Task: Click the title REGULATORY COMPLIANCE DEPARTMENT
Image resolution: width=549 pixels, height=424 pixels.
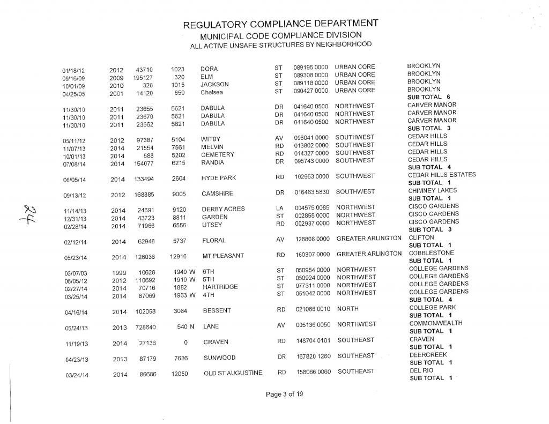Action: (x=280, y=25)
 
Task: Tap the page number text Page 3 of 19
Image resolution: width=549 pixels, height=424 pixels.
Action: (x=284, y=395)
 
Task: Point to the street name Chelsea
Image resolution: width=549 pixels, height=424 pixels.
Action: (x=212, y=92)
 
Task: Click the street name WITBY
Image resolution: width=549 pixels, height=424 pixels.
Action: (x=211, y=139)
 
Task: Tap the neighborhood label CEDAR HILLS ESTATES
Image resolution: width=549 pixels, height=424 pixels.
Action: (x=442, y=175)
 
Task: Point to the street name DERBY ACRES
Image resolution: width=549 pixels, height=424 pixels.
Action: (x=223, y=209)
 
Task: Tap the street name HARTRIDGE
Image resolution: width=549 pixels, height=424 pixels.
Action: (x=220, y=287)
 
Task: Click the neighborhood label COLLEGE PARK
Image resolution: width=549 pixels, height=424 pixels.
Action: (x=432, y=307)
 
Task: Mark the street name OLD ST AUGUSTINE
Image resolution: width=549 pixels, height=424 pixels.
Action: (x=233, y=373)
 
